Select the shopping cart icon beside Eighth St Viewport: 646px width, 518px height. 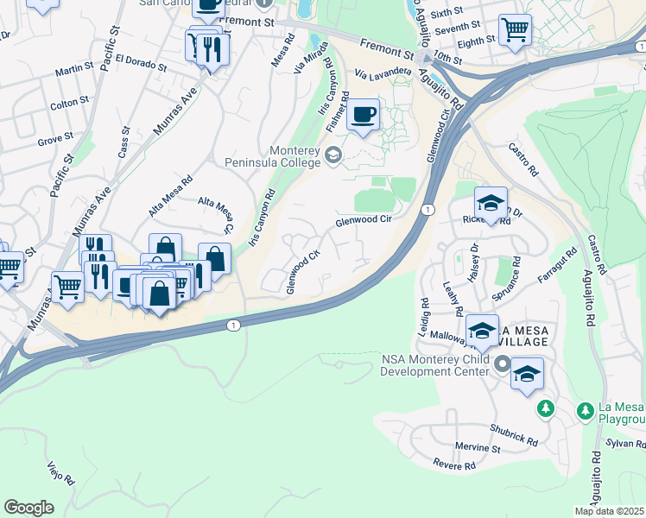point(515,30)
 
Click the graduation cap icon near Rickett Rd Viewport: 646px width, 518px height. point(491,205)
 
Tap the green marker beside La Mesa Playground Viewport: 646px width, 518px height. point(545,407)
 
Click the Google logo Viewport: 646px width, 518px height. point(28,508)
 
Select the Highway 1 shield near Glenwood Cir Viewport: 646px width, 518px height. point(427,209)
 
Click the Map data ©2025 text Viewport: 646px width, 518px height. point(609,511)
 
